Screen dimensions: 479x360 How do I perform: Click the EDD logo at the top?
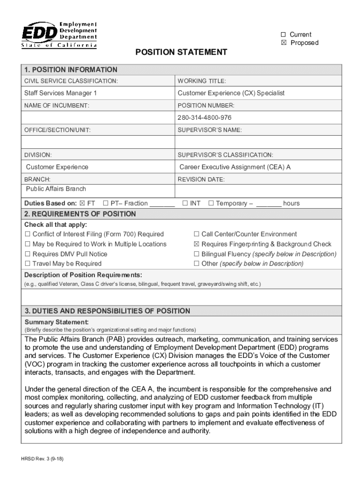[x=60, y=35]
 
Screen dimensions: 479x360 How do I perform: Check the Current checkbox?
[x=283, y=35]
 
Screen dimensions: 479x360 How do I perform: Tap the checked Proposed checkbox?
[x=283, y=43]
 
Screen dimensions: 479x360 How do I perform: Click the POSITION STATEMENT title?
[x=181, y=52]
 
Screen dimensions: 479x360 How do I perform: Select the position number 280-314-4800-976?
[x=204, y=117]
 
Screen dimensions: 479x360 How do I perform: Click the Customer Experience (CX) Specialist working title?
[x=231, y=93]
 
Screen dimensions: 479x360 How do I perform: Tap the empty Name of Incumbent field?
[x=98, y=117]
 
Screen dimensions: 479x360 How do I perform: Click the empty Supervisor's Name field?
[x=258, y=142]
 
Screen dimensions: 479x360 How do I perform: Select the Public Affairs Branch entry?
[x=56, y=189]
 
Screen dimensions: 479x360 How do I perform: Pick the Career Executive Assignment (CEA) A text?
[x=235, y=167]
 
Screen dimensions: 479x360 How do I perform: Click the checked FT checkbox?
[x=82, y=203]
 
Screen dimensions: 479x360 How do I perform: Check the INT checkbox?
[x=185, y=203]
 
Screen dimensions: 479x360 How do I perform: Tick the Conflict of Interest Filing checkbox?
[x=28, y=234]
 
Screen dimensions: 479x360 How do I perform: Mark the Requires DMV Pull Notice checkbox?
[x=28, y=254]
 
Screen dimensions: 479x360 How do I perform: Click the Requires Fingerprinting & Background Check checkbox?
[x=197, y=244]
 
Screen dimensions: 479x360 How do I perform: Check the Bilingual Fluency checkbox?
[x=197, y=254]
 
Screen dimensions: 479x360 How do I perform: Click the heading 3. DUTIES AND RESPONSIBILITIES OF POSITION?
[x=108, y=311]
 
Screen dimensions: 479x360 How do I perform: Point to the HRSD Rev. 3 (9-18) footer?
[x=43, y=459]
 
